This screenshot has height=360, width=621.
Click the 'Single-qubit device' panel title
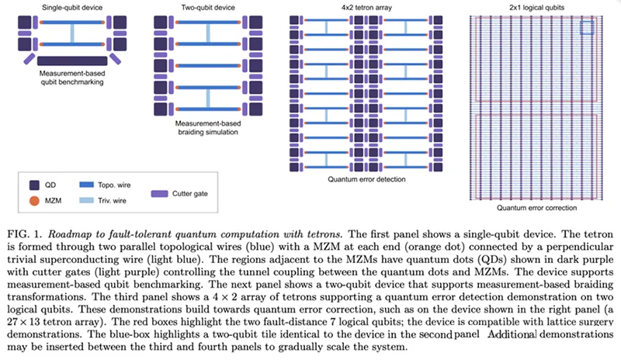click(72, 8)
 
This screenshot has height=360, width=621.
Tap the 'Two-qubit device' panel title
click(208, 8)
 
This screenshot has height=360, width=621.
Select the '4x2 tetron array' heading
click(366, 8)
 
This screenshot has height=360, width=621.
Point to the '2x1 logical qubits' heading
click(536, 8)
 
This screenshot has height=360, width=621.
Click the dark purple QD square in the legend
click(34, 185)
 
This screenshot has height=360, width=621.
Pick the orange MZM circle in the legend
click(34, 201)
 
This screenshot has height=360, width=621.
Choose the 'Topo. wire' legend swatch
click(86, 185)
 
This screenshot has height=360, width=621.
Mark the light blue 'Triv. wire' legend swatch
click(86, 200)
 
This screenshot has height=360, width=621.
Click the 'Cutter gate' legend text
click(189, 193)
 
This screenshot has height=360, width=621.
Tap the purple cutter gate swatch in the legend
click(159, 194)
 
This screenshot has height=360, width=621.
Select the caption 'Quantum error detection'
click(366, 179)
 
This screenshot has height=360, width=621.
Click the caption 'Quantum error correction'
click(536, 207)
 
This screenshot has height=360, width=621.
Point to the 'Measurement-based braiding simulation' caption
click(208, 127)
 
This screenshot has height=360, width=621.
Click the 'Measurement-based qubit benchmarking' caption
click(72, 78)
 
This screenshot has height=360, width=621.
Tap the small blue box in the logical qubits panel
click(587, 27)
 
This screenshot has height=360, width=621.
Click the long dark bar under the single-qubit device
click(72, 61)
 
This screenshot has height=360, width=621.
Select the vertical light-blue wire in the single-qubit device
click(72, 33)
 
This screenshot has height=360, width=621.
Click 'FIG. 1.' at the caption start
click(25, 234)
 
